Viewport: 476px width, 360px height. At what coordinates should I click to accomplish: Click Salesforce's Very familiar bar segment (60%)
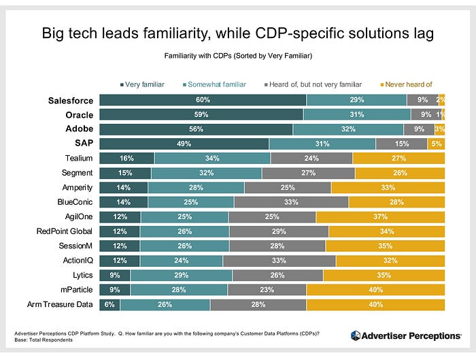[203, 101]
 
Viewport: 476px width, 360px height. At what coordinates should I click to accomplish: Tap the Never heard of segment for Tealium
[398, 159]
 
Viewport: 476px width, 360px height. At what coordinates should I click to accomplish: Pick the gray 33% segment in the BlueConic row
[291, 202]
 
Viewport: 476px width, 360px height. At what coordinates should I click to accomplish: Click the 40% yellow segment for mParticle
[375, 290]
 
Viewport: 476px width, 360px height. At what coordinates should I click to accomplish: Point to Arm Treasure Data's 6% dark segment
[109, 304]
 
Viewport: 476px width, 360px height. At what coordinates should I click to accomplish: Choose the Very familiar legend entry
[143, 84]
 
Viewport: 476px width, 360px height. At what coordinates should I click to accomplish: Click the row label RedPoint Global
[65, 231]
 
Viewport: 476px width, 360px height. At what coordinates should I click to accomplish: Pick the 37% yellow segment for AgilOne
[380, 216]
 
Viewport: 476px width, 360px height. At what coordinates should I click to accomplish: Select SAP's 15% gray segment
[401, 144]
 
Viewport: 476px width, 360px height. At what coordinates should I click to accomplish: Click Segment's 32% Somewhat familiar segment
[205, 173]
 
